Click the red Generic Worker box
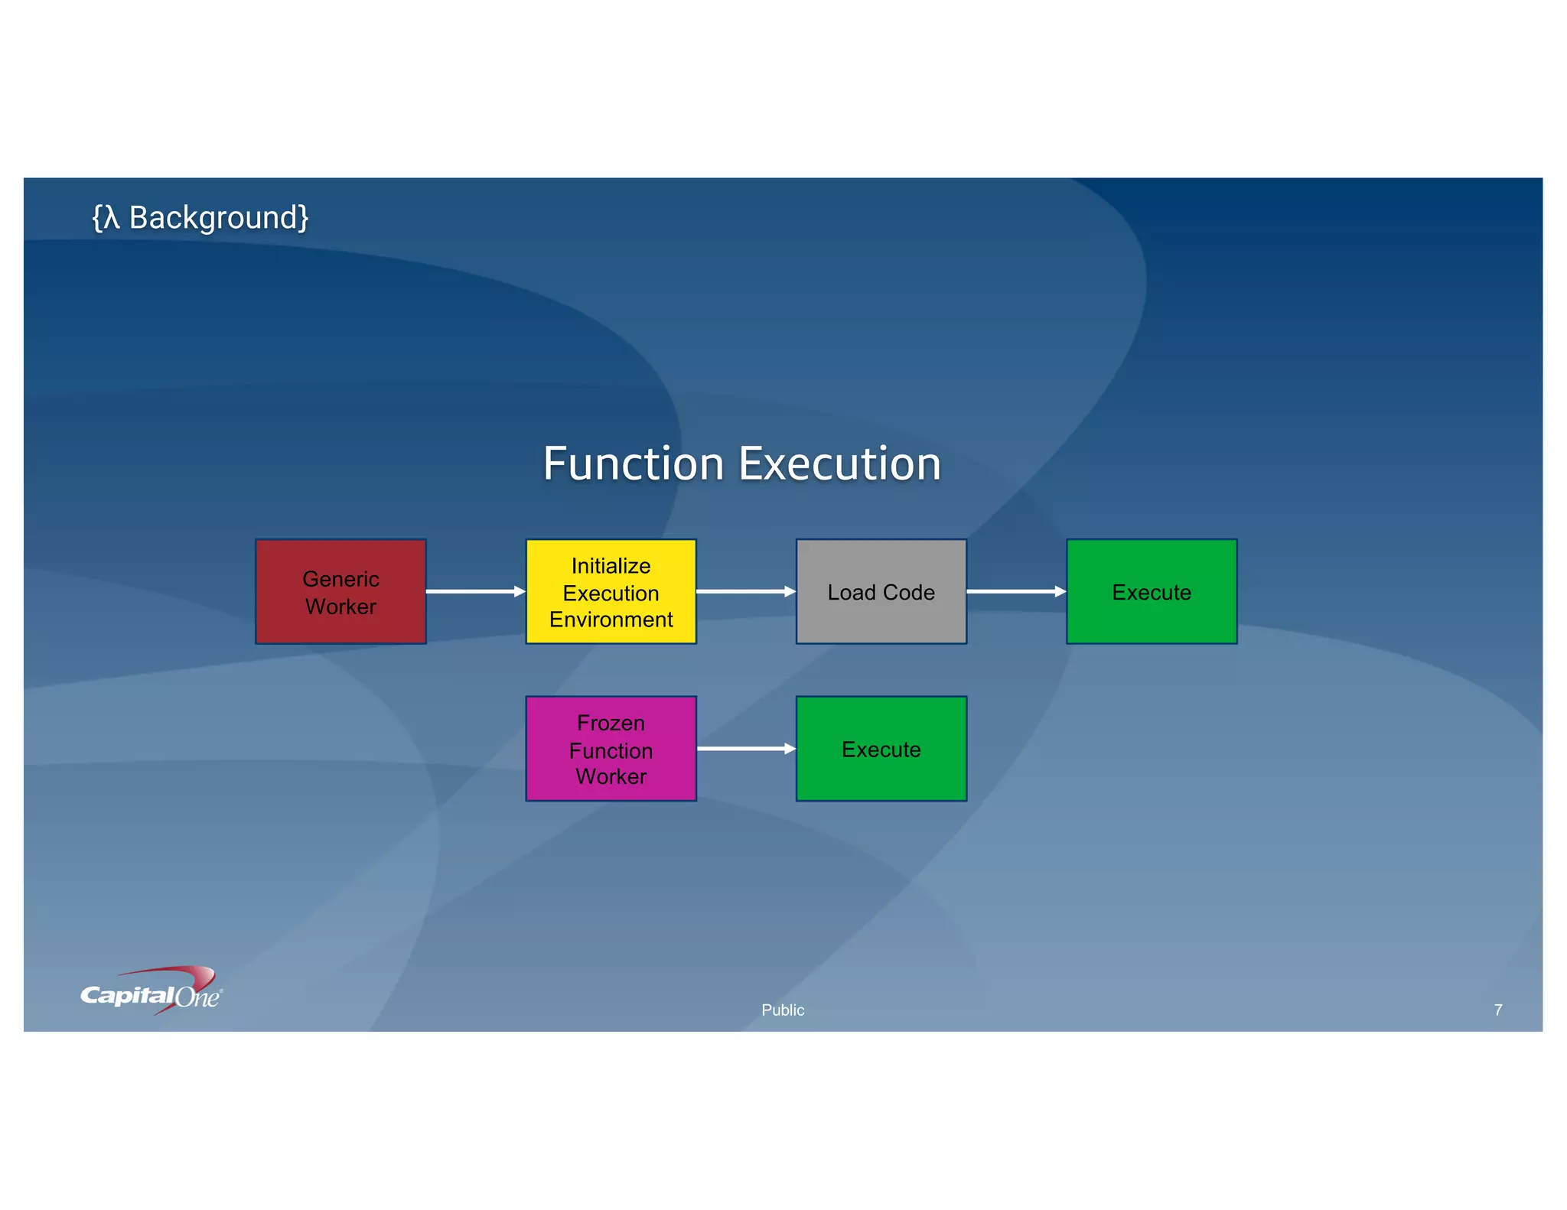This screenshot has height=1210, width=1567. pos(340,591)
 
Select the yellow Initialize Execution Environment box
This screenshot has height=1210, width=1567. pos(611,591)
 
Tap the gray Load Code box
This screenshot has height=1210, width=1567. pos(881,591)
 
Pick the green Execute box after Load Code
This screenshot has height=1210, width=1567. pos(1151,591)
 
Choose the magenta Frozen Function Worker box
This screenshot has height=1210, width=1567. pos(611,748)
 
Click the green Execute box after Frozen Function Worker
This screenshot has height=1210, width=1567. pos(881,748)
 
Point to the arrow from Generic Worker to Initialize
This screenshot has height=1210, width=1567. pos(475,591)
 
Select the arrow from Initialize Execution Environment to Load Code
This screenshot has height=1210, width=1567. pos(745,591)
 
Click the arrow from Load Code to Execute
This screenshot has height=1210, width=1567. pos(1015,591)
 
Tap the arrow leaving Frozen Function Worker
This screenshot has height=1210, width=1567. pos(745,749)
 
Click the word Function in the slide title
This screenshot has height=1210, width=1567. pos(634,464)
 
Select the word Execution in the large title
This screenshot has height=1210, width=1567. pos(839,464)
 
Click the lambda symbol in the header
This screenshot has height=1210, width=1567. pos(112,218)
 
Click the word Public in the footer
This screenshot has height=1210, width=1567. pos(783,1010)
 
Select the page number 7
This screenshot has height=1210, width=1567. pos(1497,1010)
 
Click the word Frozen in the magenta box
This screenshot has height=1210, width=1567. pos(611,723)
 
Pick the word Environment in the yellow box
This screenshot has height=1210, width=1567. pos(611,620)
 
